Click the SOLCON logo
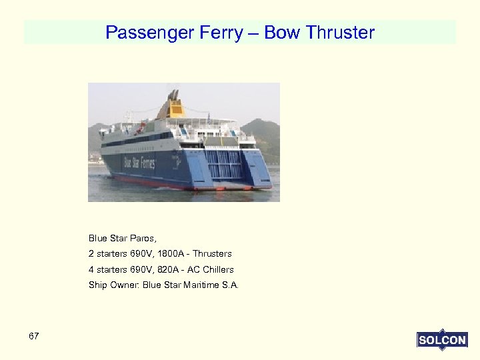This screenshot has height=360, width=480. click(442, 340)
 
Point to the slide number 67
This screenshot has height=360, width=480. click(34, 336)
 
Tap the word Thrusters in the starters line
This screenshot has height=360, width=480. click(213, 254)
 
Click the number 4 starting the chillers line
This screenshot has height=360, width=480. click(91, 270)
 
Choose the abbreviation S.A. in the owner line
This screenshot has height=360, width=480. click(230, 285)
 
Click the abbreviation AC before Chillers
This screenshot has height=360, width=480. click(193, 270)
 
